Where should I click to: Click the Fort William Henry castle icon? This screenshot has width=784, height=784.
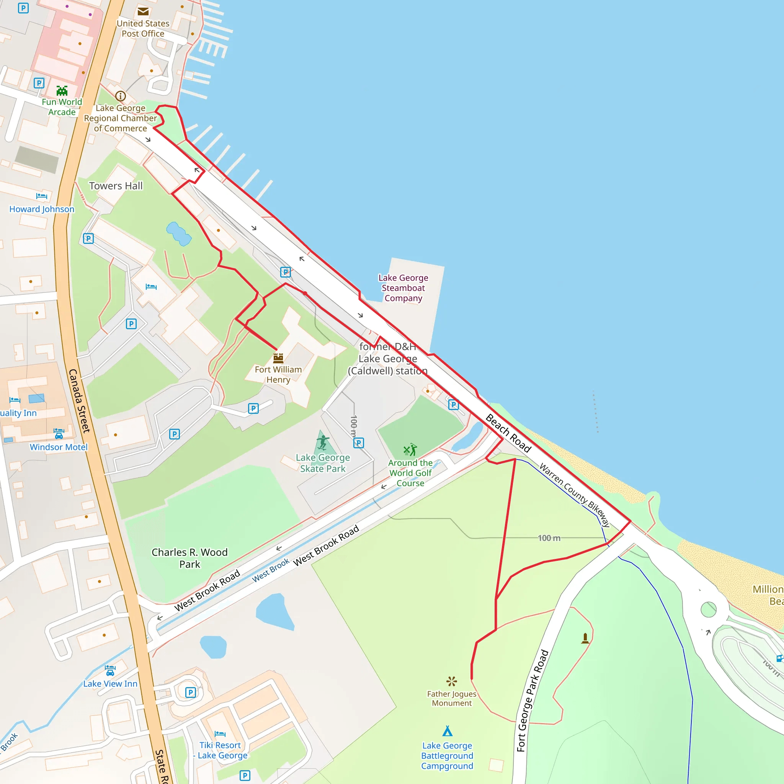point(278,358)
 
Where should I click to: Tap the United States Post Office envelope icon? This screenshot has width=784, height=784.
point(143,11)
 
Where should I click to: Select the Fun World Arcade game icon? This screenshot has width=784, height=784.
point(62,90)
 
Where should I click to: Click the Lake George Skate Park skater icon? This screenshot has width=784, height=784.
point(323,442)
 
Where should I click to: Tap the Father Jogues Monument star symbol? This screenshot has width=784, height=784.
point(451,681)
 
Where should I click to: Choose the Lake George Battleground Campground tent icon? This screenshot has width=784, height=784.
point(447,731)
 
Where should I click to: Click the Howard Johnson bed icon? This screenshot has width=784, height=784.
point(41,196)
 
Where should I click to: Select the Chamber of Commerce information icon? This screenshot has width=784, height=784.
point(121,96)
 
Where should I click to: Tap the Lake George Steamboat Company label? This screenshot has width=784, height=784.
point(403,288)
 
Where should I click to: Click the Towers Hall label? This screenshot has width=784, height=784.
point(116,186)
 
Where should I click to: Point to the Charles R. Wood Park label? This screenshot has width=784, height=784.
point(189,558)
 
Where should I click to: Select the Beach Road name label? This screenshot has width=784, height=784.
point(508,433)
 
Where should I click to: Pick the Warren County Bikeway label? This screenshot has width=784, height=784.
point(574,495)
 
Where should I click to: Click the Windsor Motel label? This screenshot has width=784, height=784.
point(59,447)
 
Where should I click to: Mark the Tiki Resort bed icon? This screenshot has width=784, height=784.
point(220,734)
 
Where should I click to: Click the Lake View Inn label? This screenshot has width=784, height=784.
point(110,684)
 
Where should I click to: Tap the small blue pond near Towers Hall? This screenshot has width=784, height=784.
point(178,234)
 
